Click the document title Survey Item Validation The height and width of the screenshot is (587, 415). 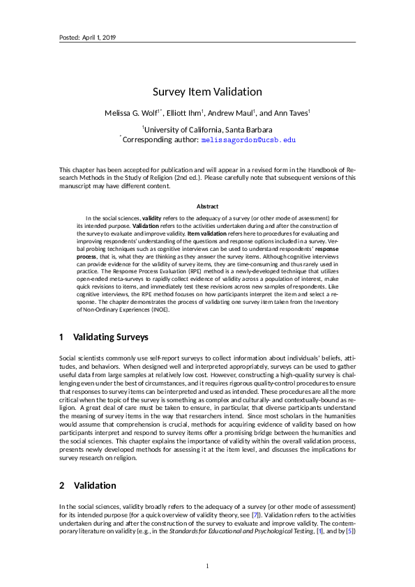(207, 91)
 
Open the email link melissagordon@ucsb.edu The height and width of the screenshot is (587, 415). (248, 139)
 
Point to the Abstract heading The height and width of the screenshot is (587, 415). (207, 206)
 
